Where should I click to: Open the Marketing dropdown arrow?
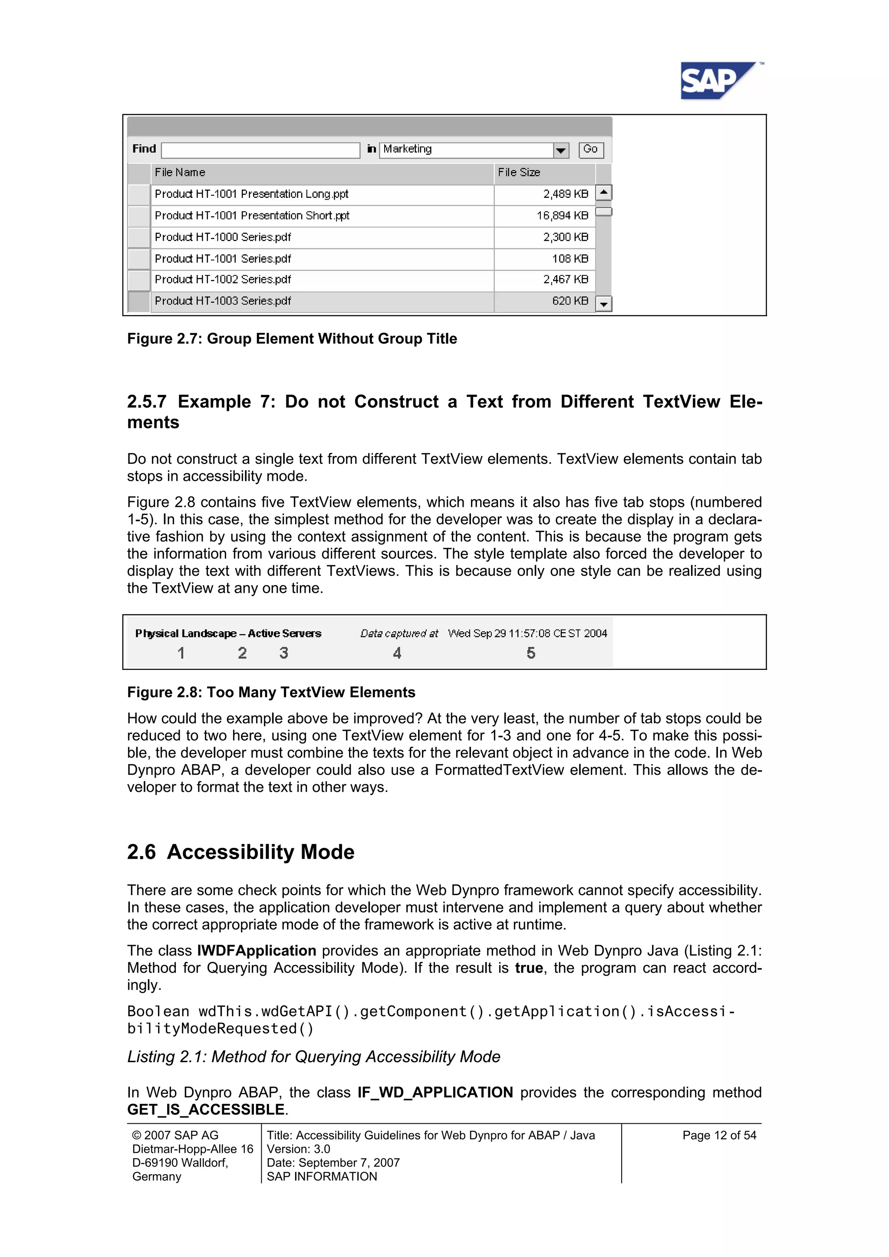point(561,150)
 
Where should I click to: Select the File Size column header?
point(543,172)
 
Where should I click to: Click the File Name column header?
point(322,172)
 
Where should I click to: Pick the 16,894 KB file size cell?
point(544,216)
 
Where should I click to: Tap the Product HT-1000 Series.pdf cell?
point(322,237)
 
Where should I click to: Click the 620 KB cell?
point(544,301)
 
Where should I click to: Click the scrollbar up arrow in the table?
point(603,193)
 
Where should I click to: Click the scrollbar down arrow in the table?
point(603,304)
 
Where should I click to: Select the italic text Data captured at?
point(399,633)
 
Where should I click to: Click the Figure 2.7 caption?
point(292,339)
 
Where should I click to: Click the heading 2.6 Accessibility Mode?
point(240,853)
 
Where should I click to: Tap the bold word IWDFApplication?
point(257,951)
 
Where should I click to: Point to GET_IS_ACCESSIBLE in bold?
point(206,1110)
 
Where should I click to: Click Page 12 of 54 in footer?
point(719,1136)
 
